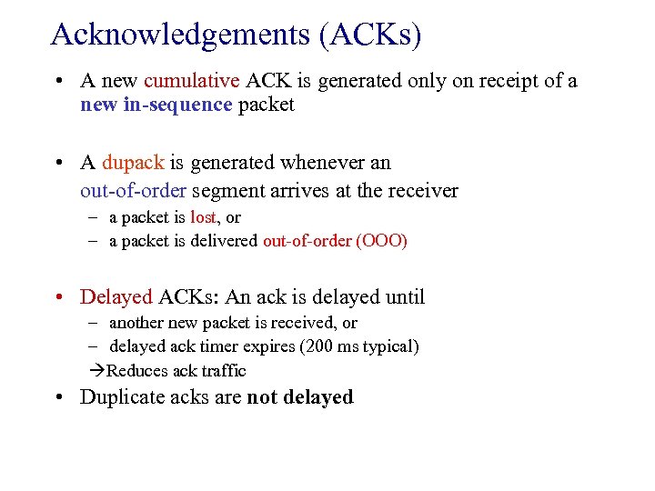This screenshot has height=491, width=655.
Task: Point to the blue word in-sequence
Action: (177, 105)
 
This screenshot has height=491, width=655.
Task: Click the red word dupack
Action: (133, 163)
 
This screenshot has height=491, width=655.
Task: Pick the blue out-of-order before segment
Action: (133, 191)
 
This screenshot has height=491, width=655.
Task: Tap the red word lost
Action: (203, 217)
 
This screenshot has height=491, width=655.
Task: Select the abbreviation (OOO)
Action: (382, 241)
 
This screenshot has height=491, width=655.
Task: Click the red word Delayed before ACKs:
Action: (116, 296)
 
